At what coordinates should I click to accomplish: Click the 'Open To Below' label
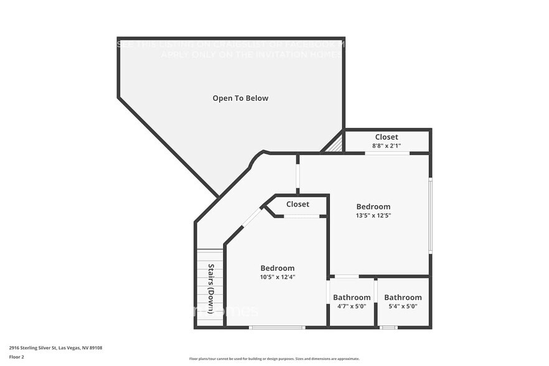click(240, 98)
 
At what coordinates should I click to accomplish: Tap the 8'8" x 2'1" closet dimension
click(386, 146)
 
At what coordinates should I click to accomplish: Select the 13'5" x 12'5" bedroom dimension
click(373, 215)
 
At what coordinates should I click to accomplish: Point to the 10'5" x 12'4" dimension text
click(277, 276)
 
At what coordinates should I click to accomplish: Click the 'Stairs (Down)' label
click(210, 289)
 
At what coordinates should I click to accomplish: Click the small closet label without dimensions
click(298, 204)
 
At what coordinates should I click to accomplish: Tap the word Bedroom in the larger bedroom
click(373, 207)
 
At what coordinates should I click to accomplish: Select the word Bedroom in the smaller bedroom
click(277, 268)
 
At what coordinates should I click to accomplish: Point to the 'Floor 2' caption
click(16, 357)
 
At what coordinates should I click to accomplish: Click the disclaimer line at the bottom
click(274, 359)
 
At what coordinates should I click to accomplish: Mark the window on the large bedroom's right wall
click(429, 215)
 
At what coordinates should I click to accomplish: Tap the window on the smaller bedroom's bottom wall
click(277, 327)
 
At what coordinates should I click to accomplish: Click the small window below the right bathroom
click(388, 327)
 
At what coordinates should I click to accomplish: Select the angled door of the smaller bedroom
click(251, 217)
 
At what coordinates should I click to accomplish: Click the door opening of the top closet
click(387, 153)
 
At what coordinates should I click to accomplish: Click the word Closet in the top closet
click(386, 137)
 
